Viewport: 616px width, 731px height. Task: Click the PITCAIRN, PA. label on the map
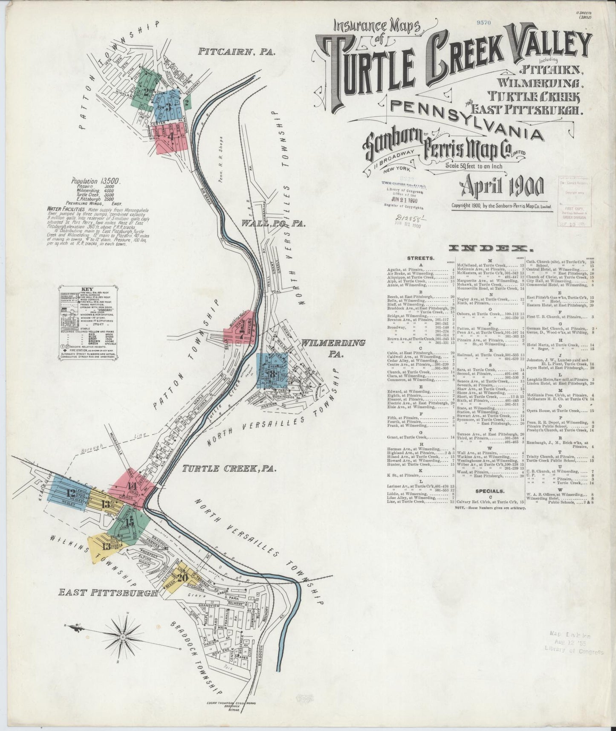(237, 52)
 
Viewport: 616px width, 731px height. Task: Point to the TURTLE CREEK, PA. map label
(229, 469)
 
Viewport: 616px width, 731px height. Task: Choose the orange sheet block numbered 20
(182, 578)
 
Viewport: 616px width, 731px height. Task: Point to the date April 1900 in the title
(501, 186)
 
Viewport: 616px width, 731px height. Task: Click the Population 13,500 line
(95, 181)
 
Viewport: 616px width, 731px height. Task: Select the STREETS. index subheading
(421, 258)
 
